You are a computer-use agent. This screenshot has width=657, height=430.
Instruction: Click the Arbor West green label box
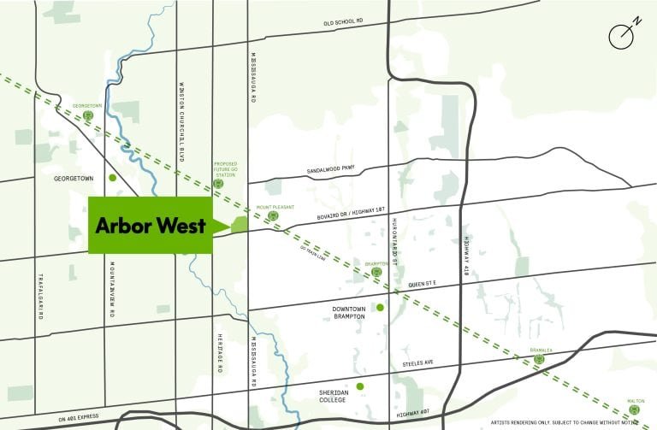(150, 226)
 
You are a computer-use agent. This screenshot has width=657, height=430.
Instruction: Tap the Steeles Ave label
(418, 363)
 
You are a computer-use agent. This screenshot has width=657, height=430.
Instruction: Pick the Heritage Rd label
(219, 351)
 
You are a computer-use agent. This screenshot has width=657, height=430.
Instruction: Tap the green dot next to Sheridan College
(360, 386)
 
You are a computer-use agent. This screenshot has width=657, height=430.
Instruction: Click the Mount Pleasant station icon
(274, 216)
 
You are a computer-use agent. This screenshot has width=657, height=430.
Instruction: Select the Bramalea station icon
(539, 360)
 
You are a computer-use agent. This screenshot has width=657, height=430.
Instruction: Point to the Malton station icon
(634, 409)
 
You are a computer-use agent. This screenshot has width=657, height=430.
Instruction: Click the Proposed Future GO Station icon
(218, 183)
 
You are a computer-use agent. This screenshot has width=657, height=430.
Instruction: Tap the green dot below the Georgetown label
(113, 178)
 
